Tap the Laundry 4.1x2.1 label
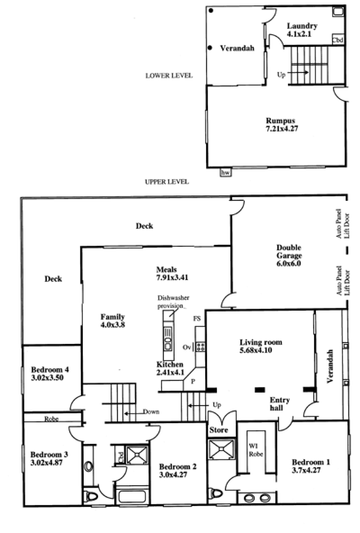coord(302,29)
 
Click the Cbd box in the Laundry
coord(337,40)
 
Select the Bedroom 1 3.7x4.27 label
coord(311,466)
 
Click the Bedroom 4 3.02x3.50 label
coord(50,374)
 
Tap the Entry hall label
coord(279,404)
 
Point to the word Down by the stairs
coord(151,411)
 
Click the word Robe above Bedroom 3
coord(52,419)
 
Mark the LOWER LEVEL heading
coord(169,76)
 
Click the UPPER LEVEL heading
coord(166,182)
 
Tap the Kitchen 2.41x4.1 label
coord(170,368)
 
